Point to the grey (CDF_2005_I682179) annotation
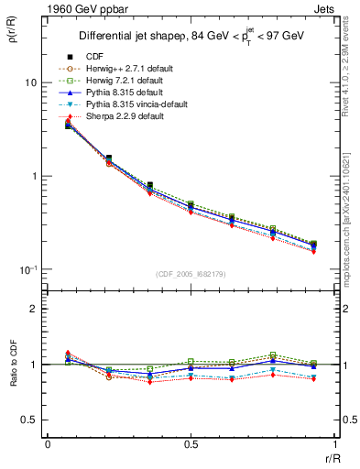click(191, 274)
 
